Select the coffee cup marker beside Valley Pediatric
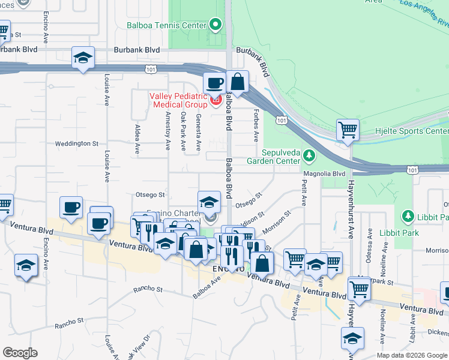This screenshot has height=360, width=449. [x=214, y=83]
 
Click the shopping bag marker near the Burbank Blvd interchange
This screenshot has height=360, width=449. [x=238, y=82]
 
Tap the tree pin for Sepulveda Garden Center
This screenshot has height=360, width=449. [x=309, y=156]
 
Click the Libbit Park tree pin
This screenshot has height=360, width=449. [x=408, y=216]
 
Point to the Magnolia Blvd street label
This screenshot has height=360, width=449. [x=325, y=174]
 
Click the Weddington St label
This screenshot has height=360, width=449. [x=76, y=143]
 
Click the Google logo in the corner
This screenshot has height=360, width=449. [x=20, y=353]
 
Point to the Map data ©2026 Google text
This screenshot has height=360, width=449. [x=411, y=355]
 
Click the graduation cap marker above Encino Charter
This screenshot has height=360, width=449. [x=209, y=201]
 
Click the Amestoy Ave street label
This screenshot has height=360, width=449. [x=167, y=132]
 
